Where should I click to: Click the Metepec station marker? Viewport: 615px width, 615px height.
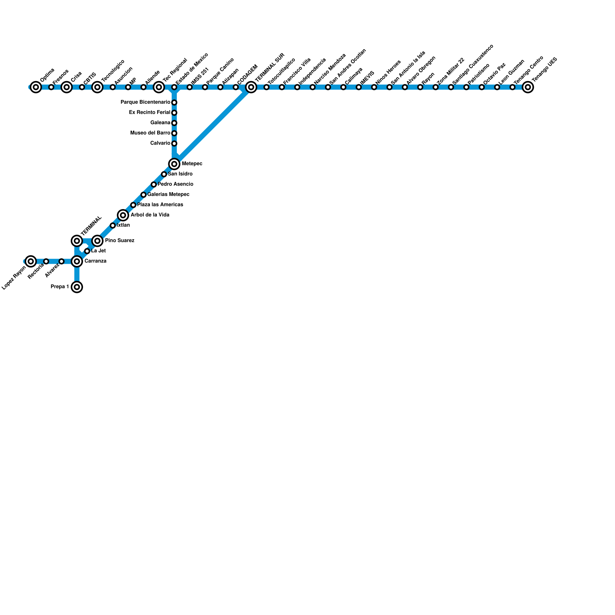[x=174, y=164]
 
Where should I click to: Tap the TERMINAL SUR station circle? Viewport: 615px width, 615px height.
[x=251, y=87]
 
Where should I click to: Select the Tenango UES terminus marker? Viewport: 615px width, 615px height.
[x=528, y=87]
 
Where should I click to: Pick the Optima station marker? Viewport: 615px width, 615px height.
[x=36, y=87]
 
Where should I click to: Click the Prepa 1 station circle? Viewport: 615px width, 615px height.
[x=77, y=287]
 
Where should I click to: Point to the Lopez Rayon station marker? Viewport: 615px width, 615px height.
[x=31, y=261]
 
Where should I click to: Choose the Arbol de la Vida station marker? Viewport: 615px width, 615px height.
[x=123, y=215]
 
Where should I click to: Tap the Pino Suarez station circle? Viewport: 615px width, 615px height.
[x=97, y=241]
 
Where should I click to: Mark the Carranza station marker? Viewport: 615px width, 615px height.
[x=77, y=261]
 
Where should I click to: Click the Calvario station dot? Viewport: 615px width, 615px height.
[x=174, y=143]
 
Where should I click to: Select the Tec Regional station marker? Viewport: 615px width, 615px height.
[x=159, y=87]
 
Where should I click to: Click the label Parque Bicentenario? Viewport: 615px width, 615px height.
[x=145, y=102]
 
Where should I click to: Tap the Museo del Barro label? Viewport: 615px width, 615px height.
[x=150, y=133]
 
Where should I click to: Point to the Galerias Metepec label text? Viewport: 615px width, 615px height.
[x=168, y=194]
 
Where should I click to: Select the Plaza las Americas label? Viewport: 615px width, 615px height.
[x=160, y=205]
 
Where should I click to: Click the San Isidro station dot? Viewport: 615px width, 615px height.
[x=164, y=174]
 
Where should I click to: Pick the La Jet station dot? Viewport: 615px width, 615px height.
[x=87, y=251]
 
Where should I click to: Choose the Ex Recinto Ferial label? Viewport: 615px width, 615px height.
[x=150, y=113]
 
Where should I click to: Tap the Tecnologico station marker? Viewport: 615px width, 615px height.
[x=97, y=87]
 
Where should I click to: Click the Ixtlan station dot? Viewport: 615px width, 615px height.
[x=113, y=226]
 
